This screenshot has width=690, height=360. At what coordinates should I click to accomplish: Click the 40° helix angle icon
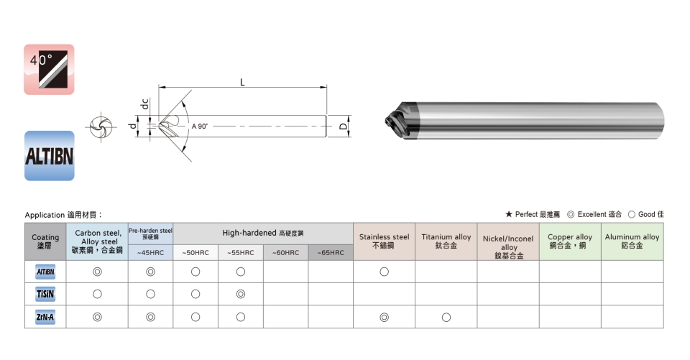pos(49,69)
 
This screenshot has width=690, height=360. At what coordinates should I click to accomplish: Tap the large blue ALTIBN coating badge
pos(50,155)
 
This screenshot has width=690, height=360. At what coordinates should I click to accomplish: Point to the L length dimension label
pos(242,83)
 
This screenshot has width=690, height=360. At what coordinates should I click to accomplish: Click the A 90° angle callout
pos(199,126)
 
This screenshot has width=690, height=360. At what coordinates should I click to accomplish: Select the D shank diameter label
pos(344,126)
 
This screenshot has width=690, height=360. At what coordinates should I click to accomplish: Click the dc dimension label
pos(144,104)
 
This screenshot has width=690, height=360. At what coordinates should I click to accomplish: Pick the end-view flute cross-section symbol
pos(101,127)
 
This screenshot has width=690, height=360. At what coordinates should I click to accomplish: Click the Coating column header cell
pos(45,241)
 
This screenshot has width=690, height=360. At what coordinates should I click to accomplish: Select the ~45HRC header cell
pos(150,253)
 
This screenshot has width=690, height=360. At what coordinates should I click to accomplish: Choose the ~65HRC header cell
pos(331,253)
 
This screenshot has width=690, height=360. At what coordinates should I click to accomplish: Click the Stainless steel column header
pos(384,241)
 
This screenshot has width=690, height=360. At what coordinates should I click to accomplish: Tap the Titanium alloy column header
pos(446,241)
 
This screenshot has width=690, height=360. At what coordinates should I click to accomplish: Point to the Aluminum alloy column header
pos(632,241)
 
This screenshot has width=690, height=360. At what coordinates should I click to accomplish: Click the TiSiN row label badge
pos(45,294)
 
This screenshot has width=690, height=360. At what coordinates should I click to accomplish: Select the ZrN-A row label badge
pos(45,317)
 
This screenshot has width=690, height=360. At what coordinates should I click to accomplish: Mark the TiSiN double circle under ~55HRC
pos(241,294)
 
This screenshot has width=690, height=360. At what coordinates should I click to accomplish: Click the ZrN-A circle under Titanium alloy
pos(446,318)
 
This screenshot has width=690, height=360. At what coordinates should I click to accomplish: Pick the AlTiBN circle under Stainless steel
pos(384,272)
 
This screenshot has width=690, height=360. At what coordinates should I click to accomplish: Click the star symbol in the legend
pos(509,214)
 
